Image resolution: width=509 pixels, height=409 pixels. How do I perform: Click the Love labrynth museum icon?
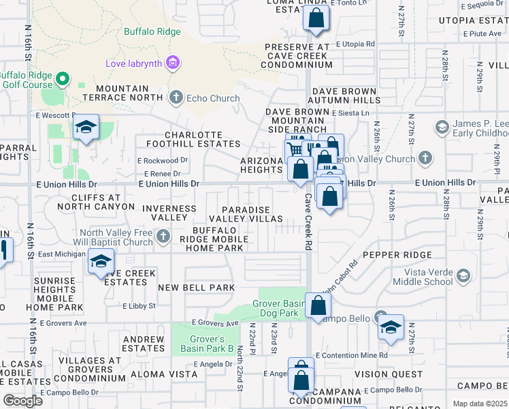(172, 64)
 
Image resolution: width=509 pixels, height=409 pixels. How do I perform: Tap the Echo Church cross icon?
(176, 97)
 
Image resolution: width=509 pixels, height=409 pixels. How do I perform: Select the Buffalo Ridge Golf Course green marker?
(63, 79)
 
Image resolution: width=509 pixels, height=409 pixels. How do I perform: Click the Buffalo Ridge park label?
(152, 31)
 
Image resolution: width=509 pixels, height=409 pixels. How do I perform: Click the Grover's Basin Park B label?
(202, 344)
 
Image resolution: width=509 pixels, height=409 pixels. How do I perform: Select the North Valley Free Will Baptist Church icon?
(162, 237)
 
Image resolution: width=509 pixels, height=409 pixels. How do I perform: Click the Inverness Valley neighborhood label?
(164, 212)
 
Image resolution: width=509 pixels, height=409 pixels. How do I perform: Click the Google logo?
(22, 401)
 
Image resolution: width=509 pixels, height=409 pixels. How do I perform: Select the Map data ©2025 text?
(480, 404)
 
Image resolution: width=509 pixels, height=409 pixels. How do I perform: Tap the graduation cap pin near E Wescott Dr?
(86, 127)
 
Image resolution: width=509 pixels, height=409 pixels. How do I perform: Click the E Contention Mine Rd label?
(352, 355)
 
